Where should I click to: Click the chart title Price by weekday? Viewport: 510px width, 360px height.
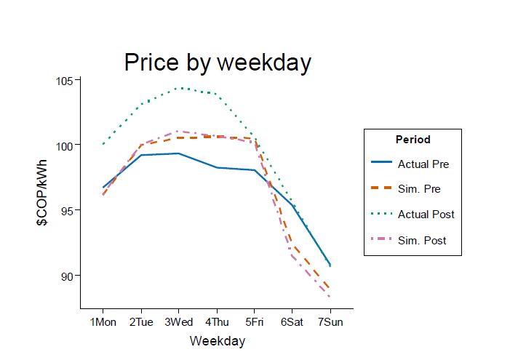(217, 63)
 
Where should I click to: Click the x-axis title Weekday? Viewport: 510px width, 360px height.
(217, 340)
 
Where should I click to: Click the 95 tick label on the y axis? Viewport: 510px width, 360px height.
(66, 210)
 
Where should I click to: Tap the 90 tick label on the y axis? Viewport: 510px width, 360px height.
(66, 276)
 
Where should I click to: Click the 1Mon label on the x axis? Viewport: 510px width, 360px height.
(103, 322)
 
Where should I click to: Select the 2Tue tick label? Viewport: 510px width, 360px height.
(140, 322)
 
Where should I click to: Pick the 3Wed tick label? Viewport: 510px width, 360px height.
(178, 322)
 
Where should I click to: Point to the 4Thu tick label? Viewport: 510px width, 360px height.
(216, 322)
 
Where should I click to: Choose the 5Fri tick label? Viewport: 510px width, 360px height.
(254, 322)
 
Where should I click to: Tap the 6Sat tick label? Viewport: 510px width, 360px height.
(292, 322)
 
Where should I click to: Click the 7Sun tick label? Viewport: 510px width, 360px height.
(330, 322)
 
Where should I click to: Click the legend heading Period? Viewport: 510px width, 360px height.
(413, 140)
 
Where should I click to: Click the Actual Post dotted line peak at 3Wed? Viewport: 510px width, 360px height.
(178, 88)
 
